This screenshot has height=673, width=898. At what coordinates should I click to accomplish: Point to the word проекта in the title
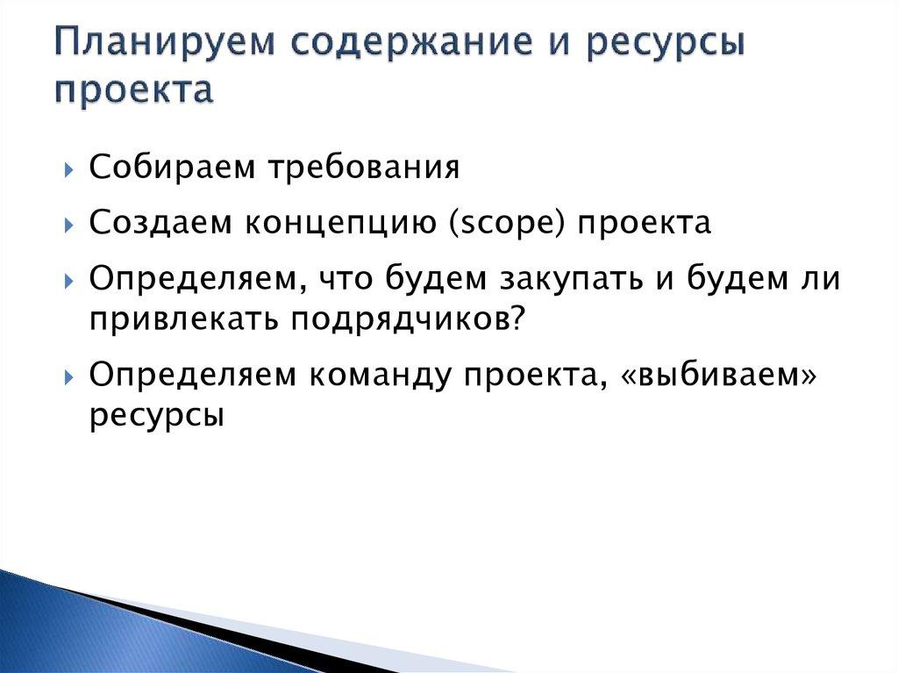[x=133, y=90]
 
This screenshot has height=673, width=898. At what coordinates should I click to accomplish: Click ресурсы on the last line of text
[x=156, y=416]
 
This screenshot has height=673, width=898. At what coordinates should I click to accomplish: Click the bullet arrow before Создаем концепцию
[x=69, y=226]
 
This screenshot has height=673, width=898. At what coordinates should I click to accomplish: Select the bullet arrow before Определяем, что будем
[x=69, y=282]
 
